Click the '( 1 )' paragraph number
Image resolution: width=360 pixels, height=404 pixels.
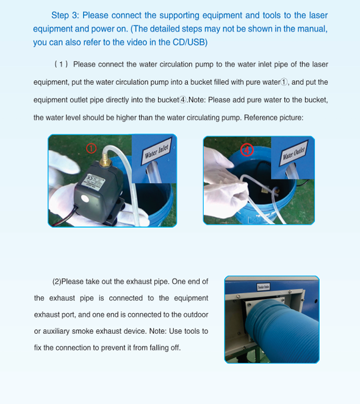click(x=61, y=64)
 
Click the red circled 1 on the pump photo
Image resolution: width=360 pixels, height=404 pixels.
click(x=92, y=148)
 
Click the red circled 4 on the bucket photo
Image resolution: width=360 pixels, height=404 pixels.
click(x=247, y=150)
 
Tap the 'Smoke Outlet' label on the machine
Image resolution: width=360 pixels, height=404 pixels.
click(x=247, y=286)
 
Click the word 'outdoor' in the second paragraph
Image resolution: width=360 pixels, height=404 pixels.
click(x=194, y=314)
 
